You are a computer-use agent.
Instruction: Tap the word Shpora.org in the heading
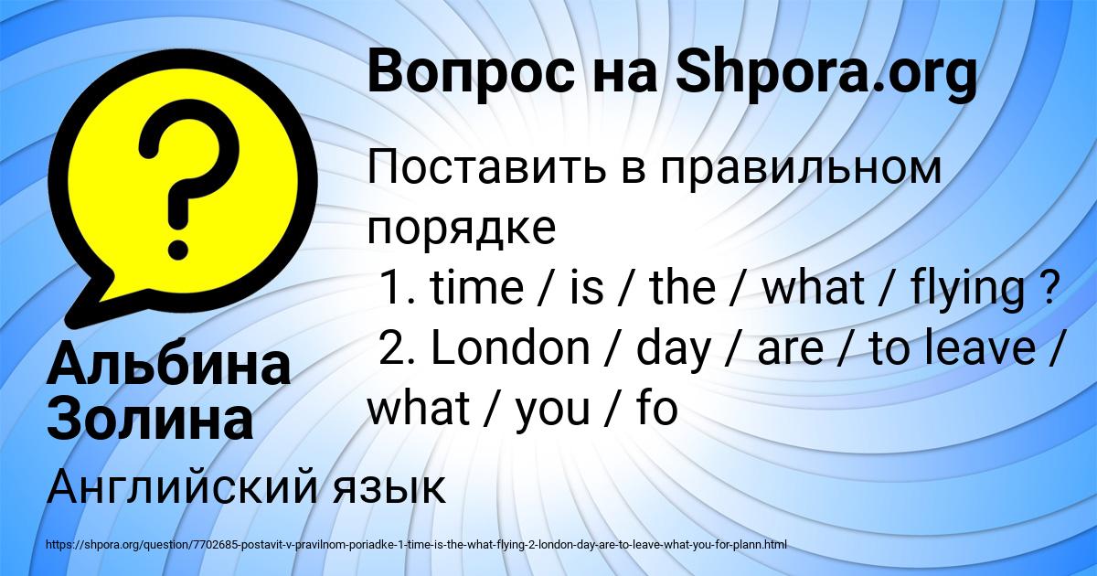tap(826, 72)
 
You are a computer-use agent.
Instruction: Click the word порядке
tap(462, 229)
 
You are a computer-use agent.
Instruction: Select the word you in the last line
tap(552, 411)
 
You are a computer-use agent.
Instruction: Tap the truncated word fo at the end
tap(656, 409)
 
